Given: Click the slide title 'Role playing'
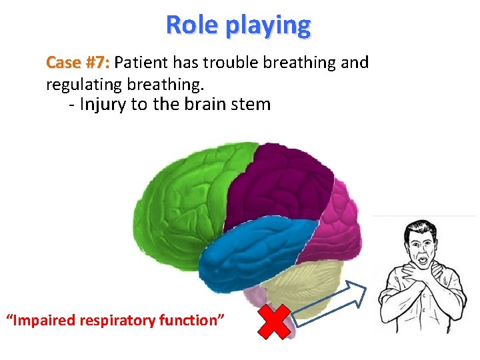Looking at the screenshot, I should pyautogui.click(x=238, y=25).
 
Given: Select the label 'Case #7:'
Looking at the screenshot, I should pyautogui.click(x=78, y=63).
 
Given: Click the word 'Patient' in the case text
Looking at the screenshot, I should pyautogui.click(x=141, y=63).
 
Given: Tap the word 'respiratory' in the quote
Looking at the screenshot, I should pyautogui.click(x=117, y=321).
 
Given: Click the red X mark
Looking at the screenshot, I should pyautogui.click(x=274, y=321).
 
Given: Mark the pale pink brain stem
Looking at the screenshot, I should pyautogui.click(x=256, y=297).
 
